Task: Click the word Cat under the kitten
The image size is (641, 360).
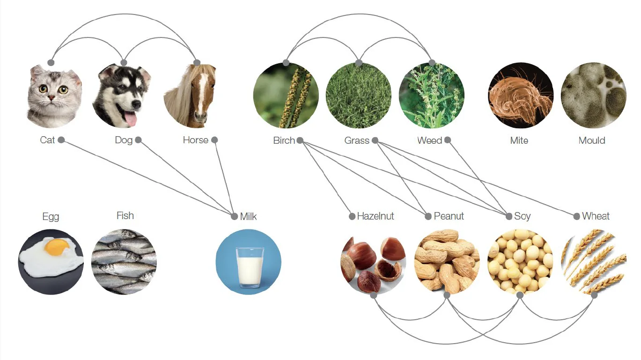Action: coord(47,140)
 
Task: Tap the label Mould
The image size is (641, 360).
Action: coord(592,140)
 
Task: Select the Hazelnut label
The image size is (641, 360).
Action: coord(376,216)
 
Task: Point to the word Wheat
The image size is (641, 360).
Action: coord(596,216)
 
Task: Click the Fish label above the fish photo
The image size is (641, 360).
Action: coord(125,215)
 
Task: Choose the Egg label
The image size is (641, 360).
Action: coord(51,217)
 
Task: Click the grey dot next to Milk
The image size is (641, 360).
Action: coord(235,216)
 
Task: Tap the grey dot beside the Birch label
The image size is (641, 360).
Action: coord(300,140)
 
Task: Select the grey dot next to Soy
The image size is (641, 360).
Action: coord(508,216)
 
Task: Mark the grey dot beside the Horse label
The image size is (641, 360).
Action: coord(214,140)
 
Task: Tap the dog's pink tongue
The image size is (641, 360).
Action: coord(131,119)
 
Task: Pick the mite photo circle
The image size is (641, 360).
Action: coord(521,96)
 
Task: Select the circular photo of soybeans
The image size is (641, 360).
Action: coord(520,262)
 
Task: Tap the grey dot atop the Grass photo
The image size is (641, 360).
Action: coord(359,63)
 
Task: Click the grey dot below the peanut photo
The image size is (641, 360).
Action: coord(447,295)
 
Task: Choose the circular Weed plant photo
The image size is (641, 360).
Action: coord(432,96)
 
